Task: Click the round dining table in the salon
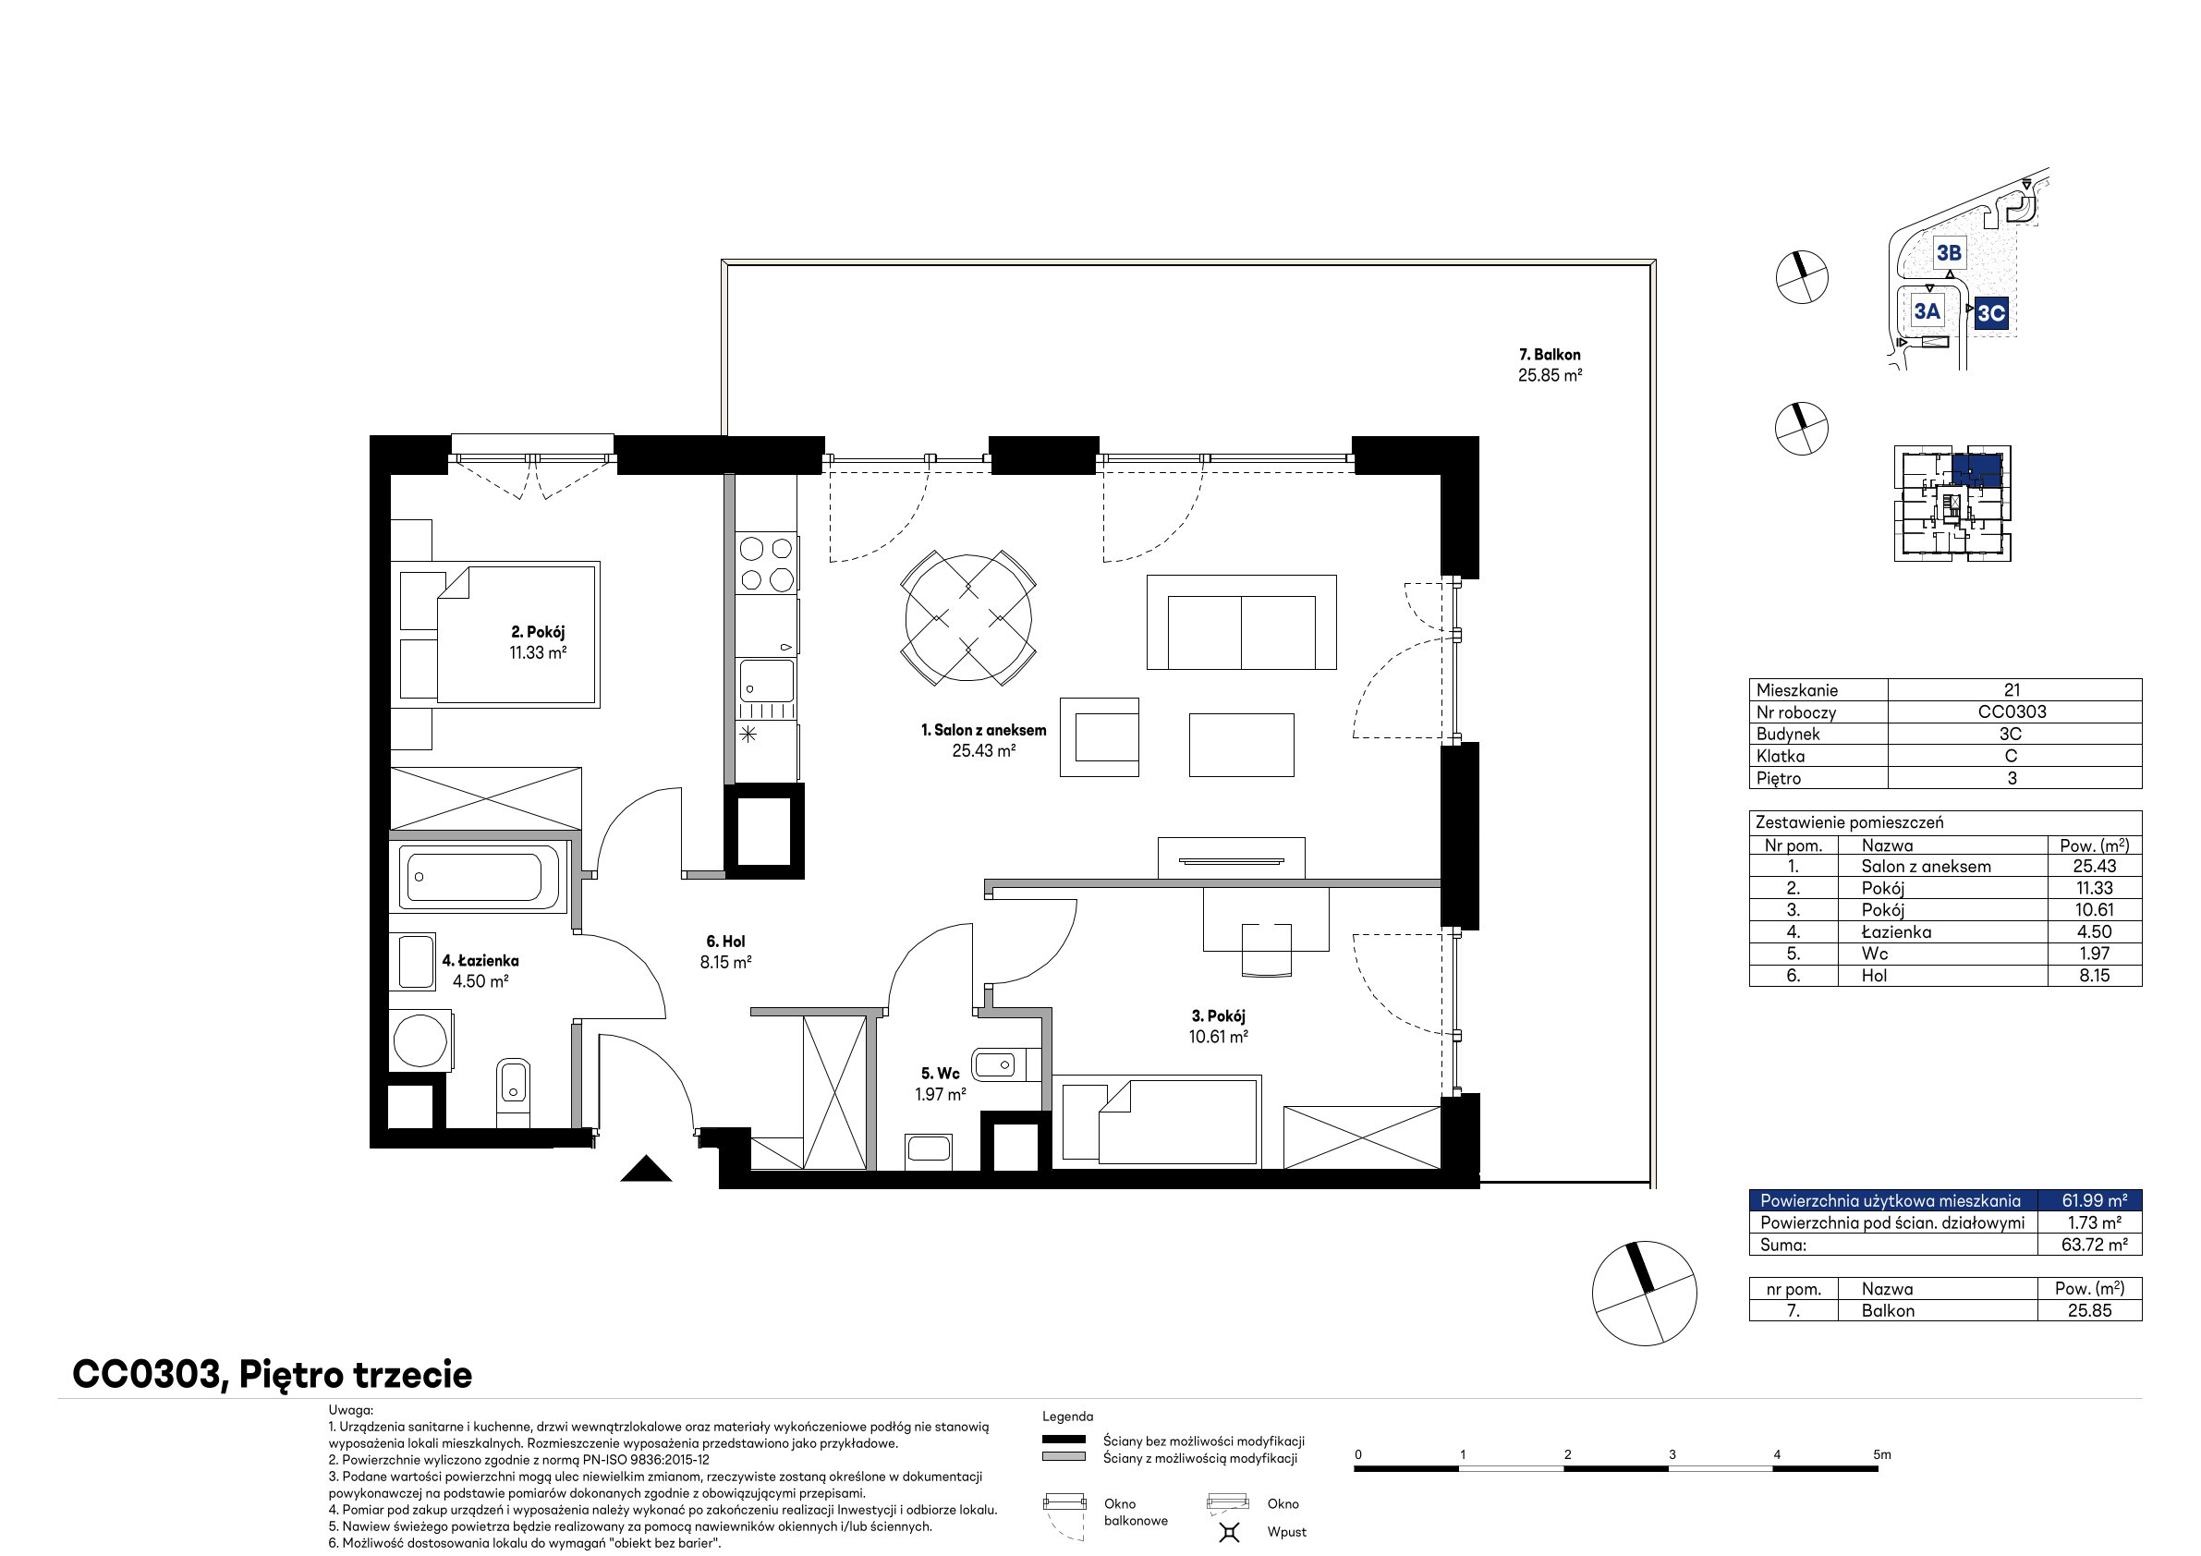pyautogui.click(x=968, y=618)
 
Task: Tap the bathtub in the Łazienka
pyautogui.click(x=475, y=877)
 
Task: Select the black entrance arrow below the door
pyautogui.click(x=646, y=1168)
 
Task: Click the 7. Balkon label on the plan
pyautogui.click(x=1550, y=355)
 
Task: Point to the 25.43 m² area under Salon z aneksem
pyautogui.click(x=983, y=750)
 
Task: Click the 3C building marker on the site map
pyautogui.click(x=1991, y=312)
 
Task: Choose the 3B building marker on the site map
pyautogui.click(x=1949, y=253)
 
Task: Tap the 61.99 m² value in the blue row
pyautogui.click(x=2095, y=1200)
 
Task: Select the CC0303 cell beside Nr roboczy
pyautogui.click(x=2013, y=711)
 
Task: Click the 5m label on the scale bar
pyautogui.click(x=1882, y=1454)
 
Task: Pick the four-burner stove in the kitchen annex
pyautogui.click(x=767, y=564)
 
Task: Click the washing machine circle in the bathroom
pyautogui.click(x=420, y=1040)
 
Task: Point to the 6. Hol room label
pyautogui.click(x=725, y=942)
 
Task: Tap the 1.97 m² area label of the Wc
pyautogui.click(x=941, y=1094)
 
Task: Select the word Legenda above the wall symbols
pyautogui.click(x=1068, y=1416)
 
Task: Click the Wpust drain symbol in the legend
pyautogui.click(x=1229, y=1532)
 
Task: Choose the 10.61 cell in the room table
pyautogui.click(x=2095, y=910)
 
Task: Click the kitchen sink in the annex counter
pyautogui.click(x=767, y=681)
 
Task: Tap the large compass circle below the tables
pyautogui.click(x=1644, y=1293)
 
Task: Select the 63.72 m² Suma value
pyautogui.click(x=2095, y=1245)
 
